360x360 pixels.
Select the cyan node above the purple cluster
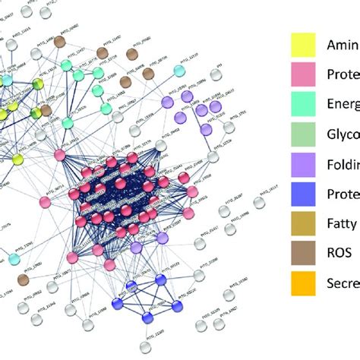(179, 71)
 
